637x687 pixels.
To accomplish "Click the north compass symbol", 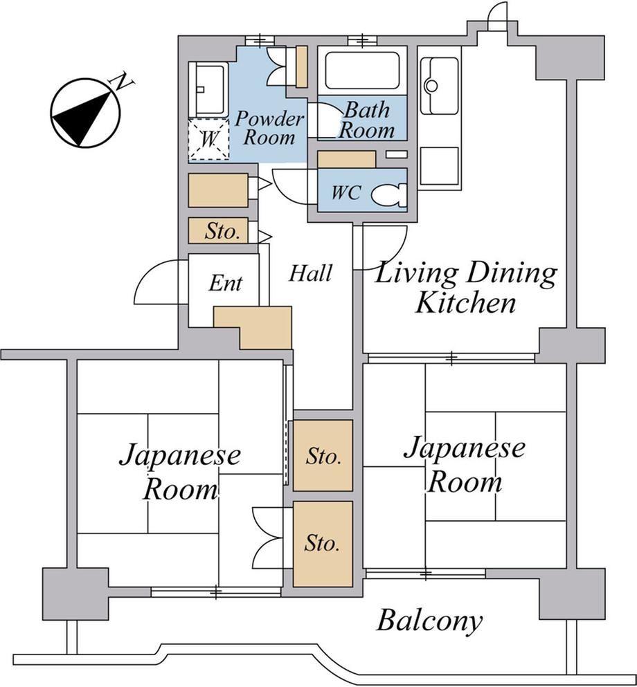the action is point(85,113).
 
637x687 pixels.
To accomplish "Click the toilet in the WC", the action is point(388,194).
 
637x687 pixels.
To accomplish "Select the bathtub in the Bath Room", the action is point(362,71).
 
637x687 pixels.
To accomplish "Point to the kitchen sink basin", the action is point(440,86).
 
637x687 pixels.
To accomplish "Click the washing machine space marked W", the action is point(208,139).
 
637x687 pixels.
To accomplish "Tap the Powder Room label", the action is point(269,128).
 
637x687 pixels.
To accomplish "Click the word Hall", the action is point(310,273).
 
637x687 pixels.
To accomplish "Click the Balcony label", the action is point(430,621).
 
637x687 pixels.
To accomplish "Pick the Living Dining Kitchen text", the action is point(465,287).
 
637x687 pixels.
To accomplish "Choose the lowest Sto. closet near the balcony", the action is point(323,544).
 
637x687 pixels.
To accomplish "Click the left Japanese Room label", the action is point(180,472).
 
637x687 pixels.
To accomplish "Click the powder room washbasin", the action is point(208,90).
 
